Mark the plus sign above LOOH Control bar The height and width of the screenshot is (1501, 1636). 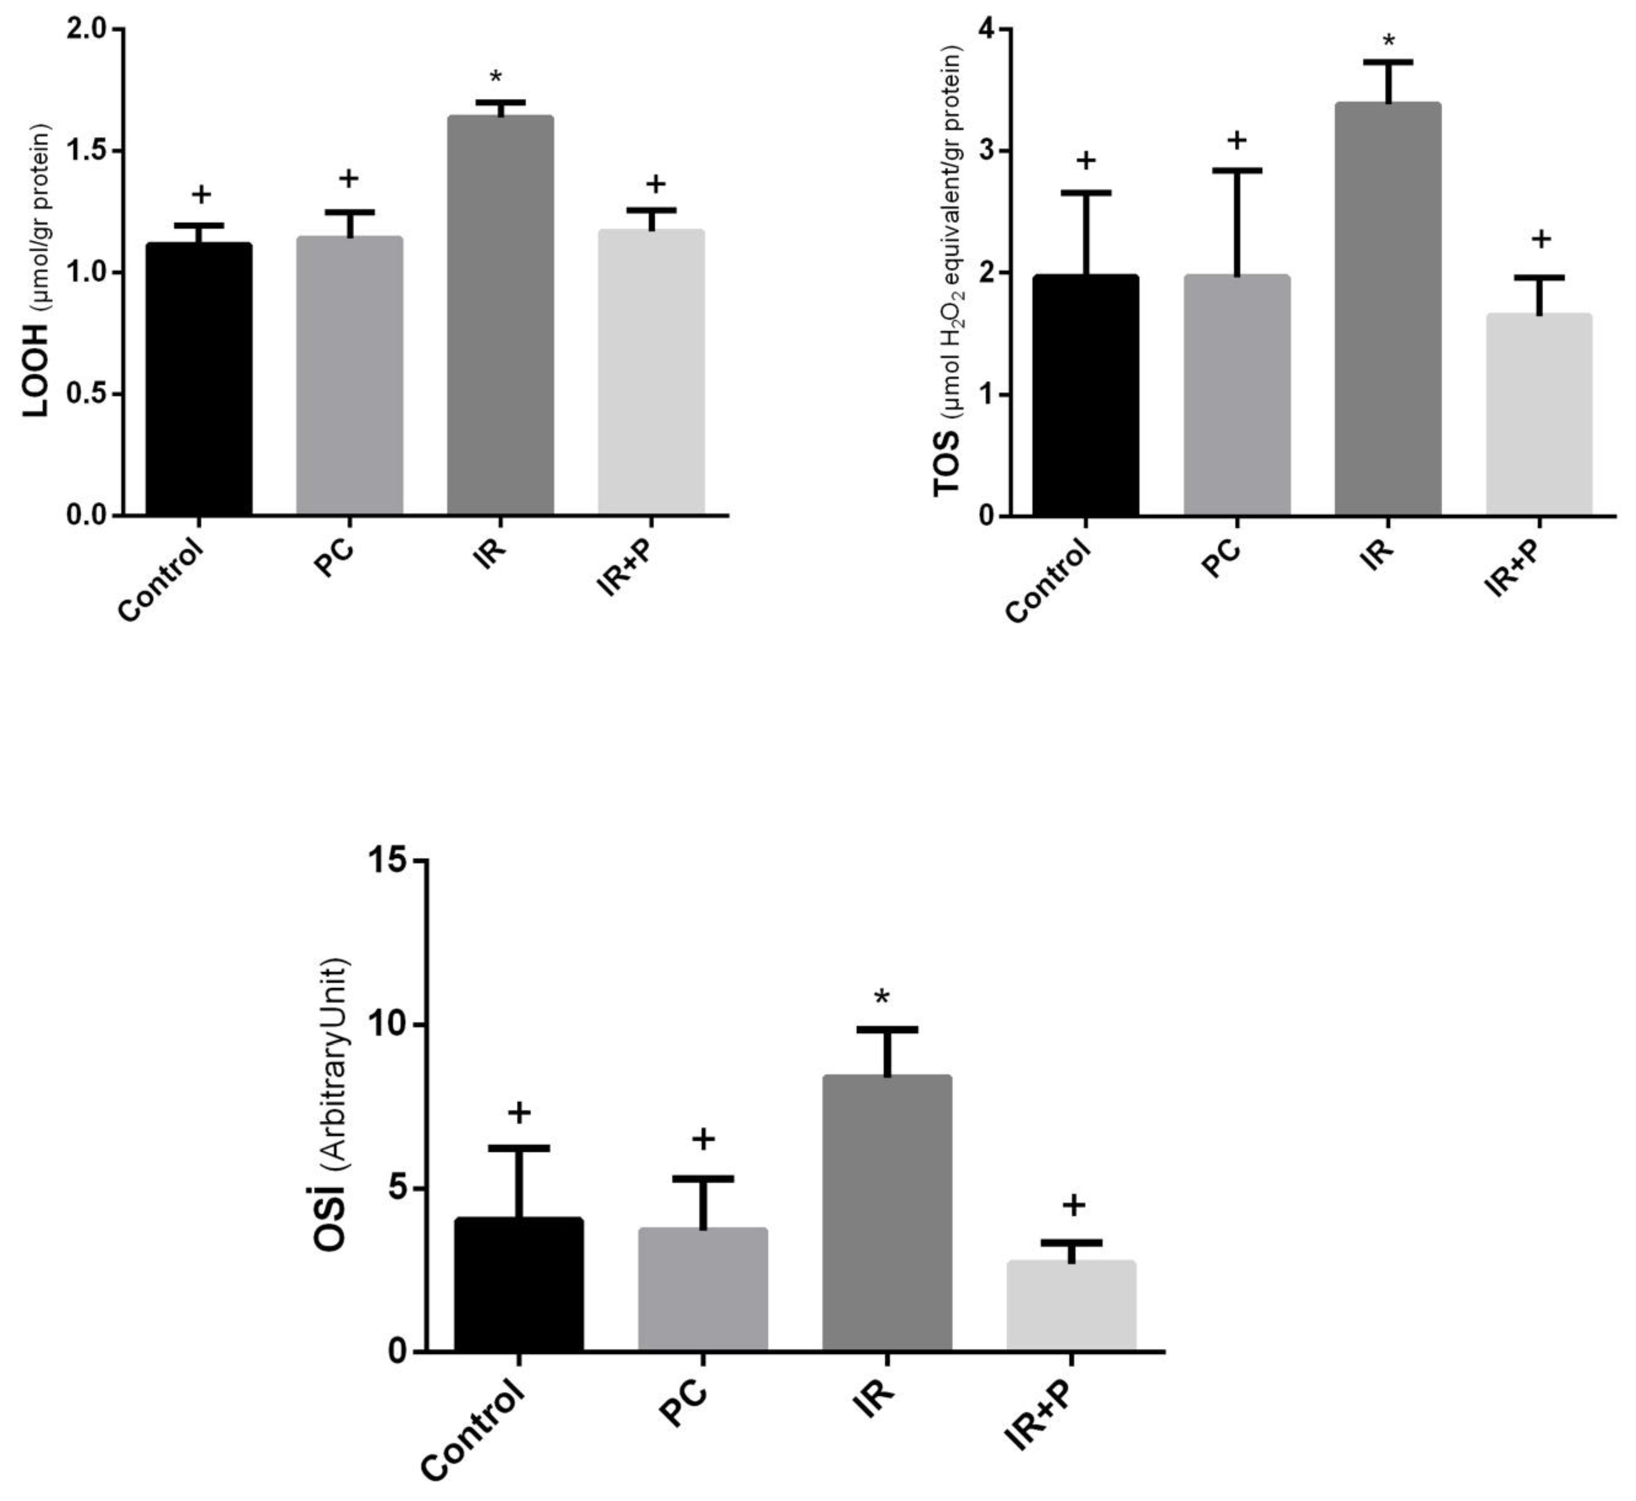201,194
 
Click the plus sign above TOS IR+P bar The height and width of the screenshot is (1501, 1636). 1541,239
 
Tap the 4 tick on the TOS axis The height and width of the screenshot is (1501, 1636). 1005,29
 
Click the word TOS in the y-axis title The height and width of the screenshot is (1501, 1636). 946,463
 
